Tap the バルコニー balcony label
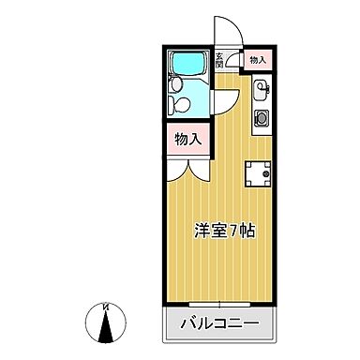pos(221,327)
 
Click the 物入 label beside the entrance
pos(257,60)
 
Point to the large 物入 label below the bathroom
pos(187,139)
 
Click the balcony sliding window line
pos(221,306)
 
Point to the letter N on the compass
pos(105,306)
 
